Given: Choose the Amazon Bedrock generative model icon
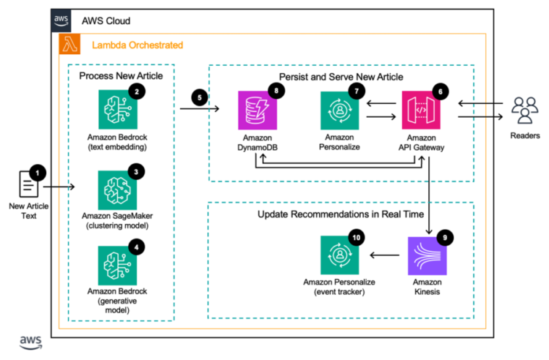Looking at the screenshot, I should (118, 265).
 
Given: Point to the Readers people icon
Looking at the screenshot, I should (526, 111).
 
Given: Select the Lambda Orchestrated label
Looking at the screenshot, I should (137, 45).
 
